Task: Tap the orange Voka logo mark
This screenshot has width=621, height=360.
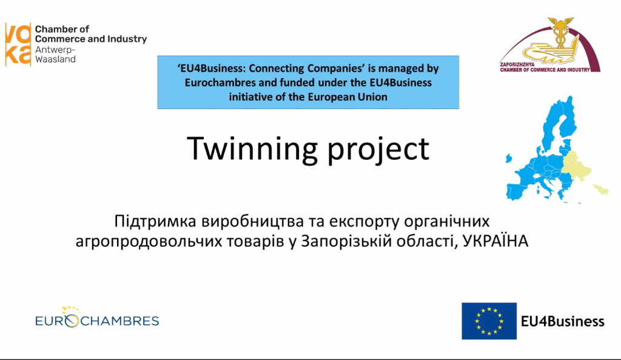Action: [18, 44]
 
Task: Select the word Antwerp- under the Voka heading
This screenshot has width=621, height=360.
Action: [55, 50]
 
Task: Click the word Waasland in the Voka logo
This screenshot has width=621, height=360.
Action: [55, 59]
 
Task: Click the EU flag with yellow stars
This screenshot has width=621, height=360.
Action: [489, 321]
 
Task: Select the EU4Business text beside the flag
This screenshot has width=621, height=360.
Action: [562, 321]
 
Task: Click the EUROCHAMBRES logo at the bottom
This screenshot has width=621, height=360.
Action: [97, 318]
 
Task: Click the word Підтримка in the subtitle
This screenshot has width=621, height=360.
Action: [155, 222]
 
